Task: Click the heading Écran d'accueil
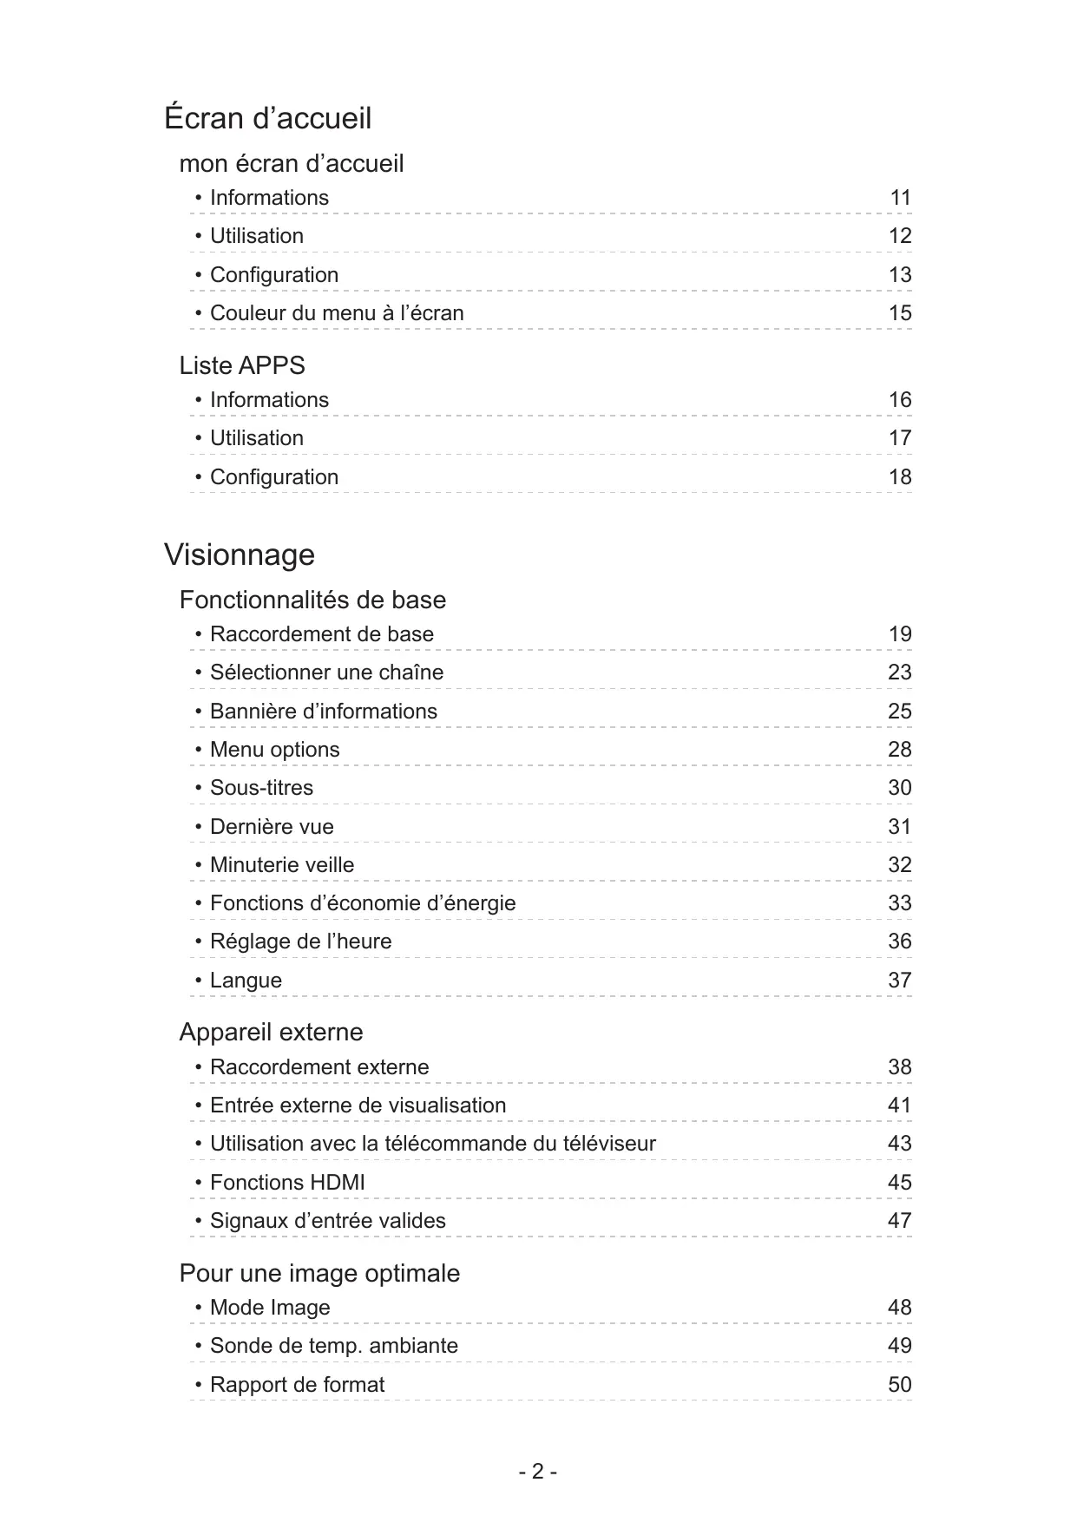pos(267,118)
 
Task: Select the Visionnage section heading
pos(240,554)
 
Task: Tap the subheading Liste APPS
pos(242,365)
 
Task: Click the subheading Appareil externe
pos(271,1032)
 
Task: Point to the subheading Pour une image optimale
pos(319,1273)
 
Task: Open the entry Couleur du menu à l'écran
pos(337,313)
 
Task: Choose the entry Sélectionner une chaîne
pos(326,672)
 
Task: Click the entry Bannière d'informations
pos(324,712)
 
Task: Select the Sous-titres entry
pos(261,788)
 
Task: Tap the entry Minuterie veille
pos(282,865)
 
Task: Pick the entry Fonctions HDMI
pos(287,1183)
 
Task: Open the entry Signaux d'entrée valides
pos(327,1221)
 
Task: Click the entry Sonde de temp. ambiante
pos(333,1346)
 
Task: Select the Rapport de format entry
pos(297,1385)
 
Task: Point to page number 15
pos(900,313)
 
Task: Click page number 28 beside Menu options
pos(900,750)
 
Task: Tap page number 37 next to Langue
pos(900,981)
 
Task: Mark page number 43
pos(900,1144)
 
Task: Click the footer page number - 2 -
pos(538,1472)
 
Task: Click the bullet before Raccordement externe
pos(199,1066)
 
